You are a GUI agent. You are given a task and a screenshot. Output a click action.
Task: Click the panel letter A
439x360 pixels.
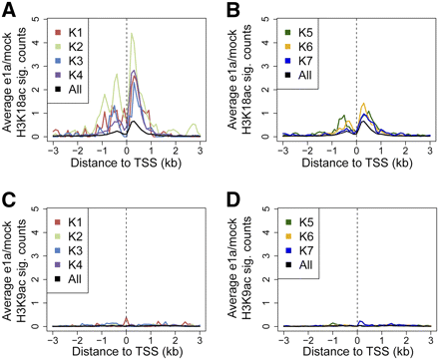pyautogui.click(x=8, y=9)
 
